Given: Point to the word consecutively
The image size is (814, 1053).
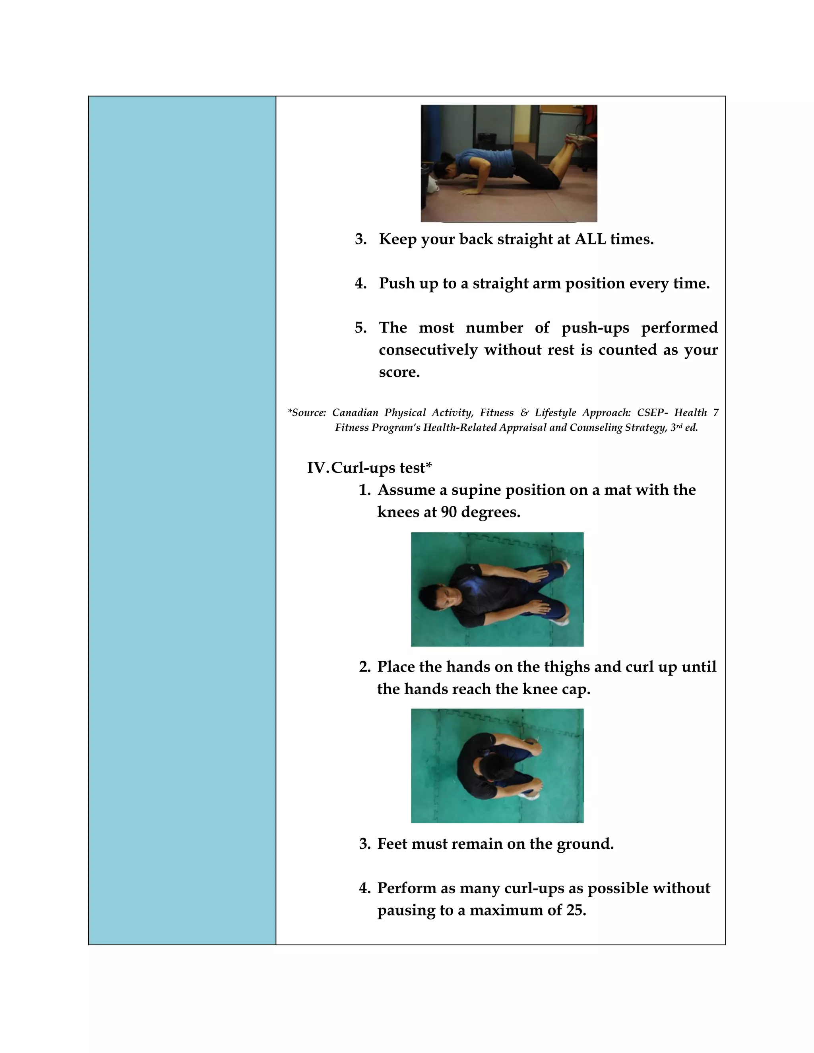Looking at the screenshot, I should tap(428, 350).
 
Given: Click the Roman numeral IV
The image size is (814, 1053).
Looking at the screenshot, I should tap(317, 468).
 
